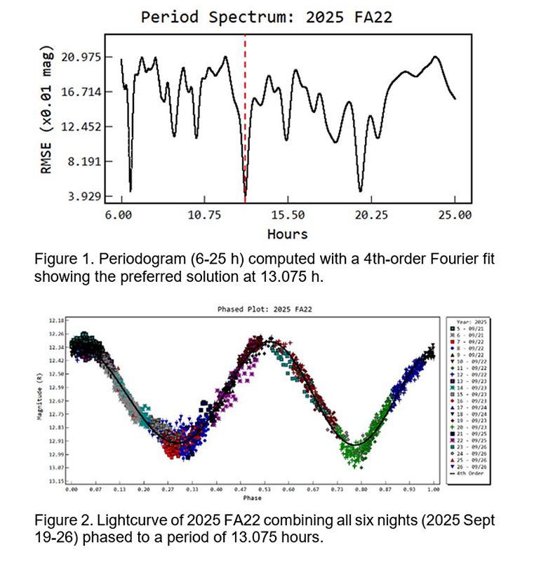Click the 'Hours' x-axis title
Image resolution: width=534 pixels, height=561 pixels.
(287, 234)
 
